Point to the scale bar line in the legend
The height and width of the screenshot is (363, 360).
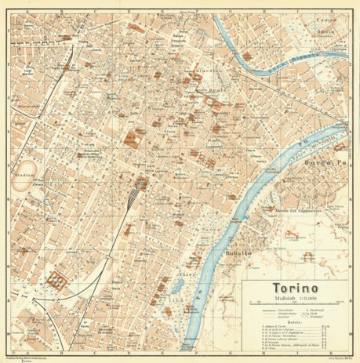click(x=293, y=303)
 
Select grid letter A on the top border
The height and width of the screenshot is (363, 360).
click(x=29, y=3)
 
